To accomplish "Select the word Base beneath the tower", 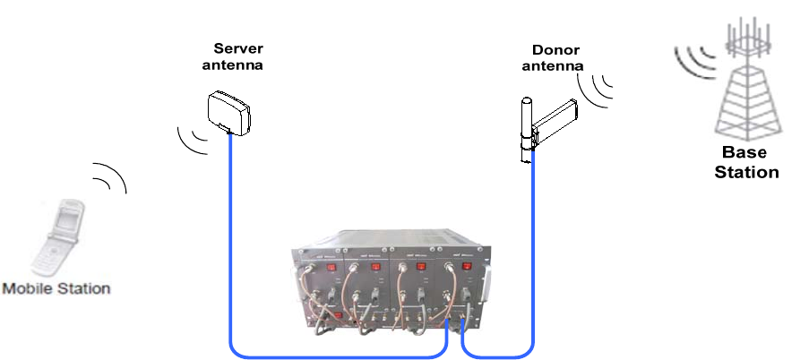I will coord(744,153).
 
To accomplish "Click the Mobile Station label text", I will coord(56,288).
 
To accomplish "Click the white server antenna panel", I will coord(228,111).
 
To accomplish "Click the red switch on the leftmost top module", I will coord(332,266).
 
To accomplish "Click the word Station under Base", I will coord(745,171).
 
